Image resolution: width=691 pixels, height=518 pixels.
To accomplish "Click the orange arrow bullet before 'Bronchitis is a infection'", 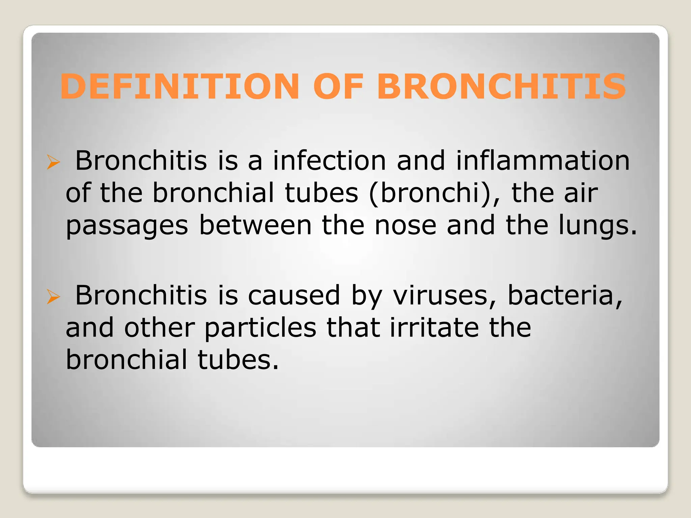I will pos(53,162).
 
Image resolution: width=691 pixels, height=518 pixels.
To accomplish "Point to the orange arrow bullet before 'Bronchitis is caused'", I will pos(53,297).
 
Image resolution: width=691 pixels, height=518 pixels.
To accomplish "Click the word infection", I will pos(329,161).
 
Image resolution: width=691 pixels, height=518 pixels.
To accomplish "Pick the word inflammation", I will pos(543,161).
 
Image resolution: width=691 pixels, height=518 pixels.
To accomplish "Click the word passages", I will pos(127,226).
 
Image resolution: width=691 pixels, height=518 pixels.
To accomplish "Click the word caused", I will pos(294,295).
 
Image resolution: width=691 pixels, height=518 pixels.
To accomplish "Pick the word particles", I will pos(260,328).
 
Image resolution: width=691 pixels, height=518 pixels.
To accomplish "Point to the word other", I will pos(159,327).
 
